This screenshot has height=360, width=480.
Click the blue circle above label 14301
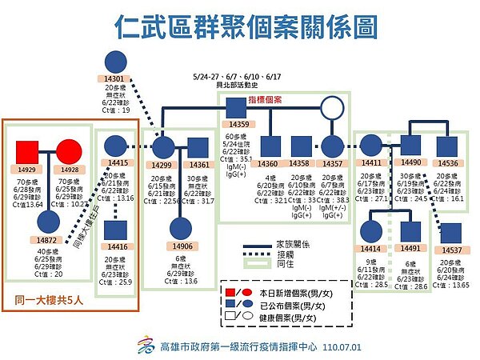[115, 61]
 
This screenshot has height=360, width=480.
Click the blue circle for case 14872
[47, 224]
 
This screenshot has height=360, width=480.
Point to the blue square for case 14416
[117, 230]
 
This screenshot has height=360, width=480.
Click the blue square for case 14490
[410, 146]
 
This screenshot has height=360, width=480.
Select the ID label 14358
[300, 163]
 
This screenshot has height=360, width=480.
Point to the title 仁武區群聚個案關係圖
[240, 27]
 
